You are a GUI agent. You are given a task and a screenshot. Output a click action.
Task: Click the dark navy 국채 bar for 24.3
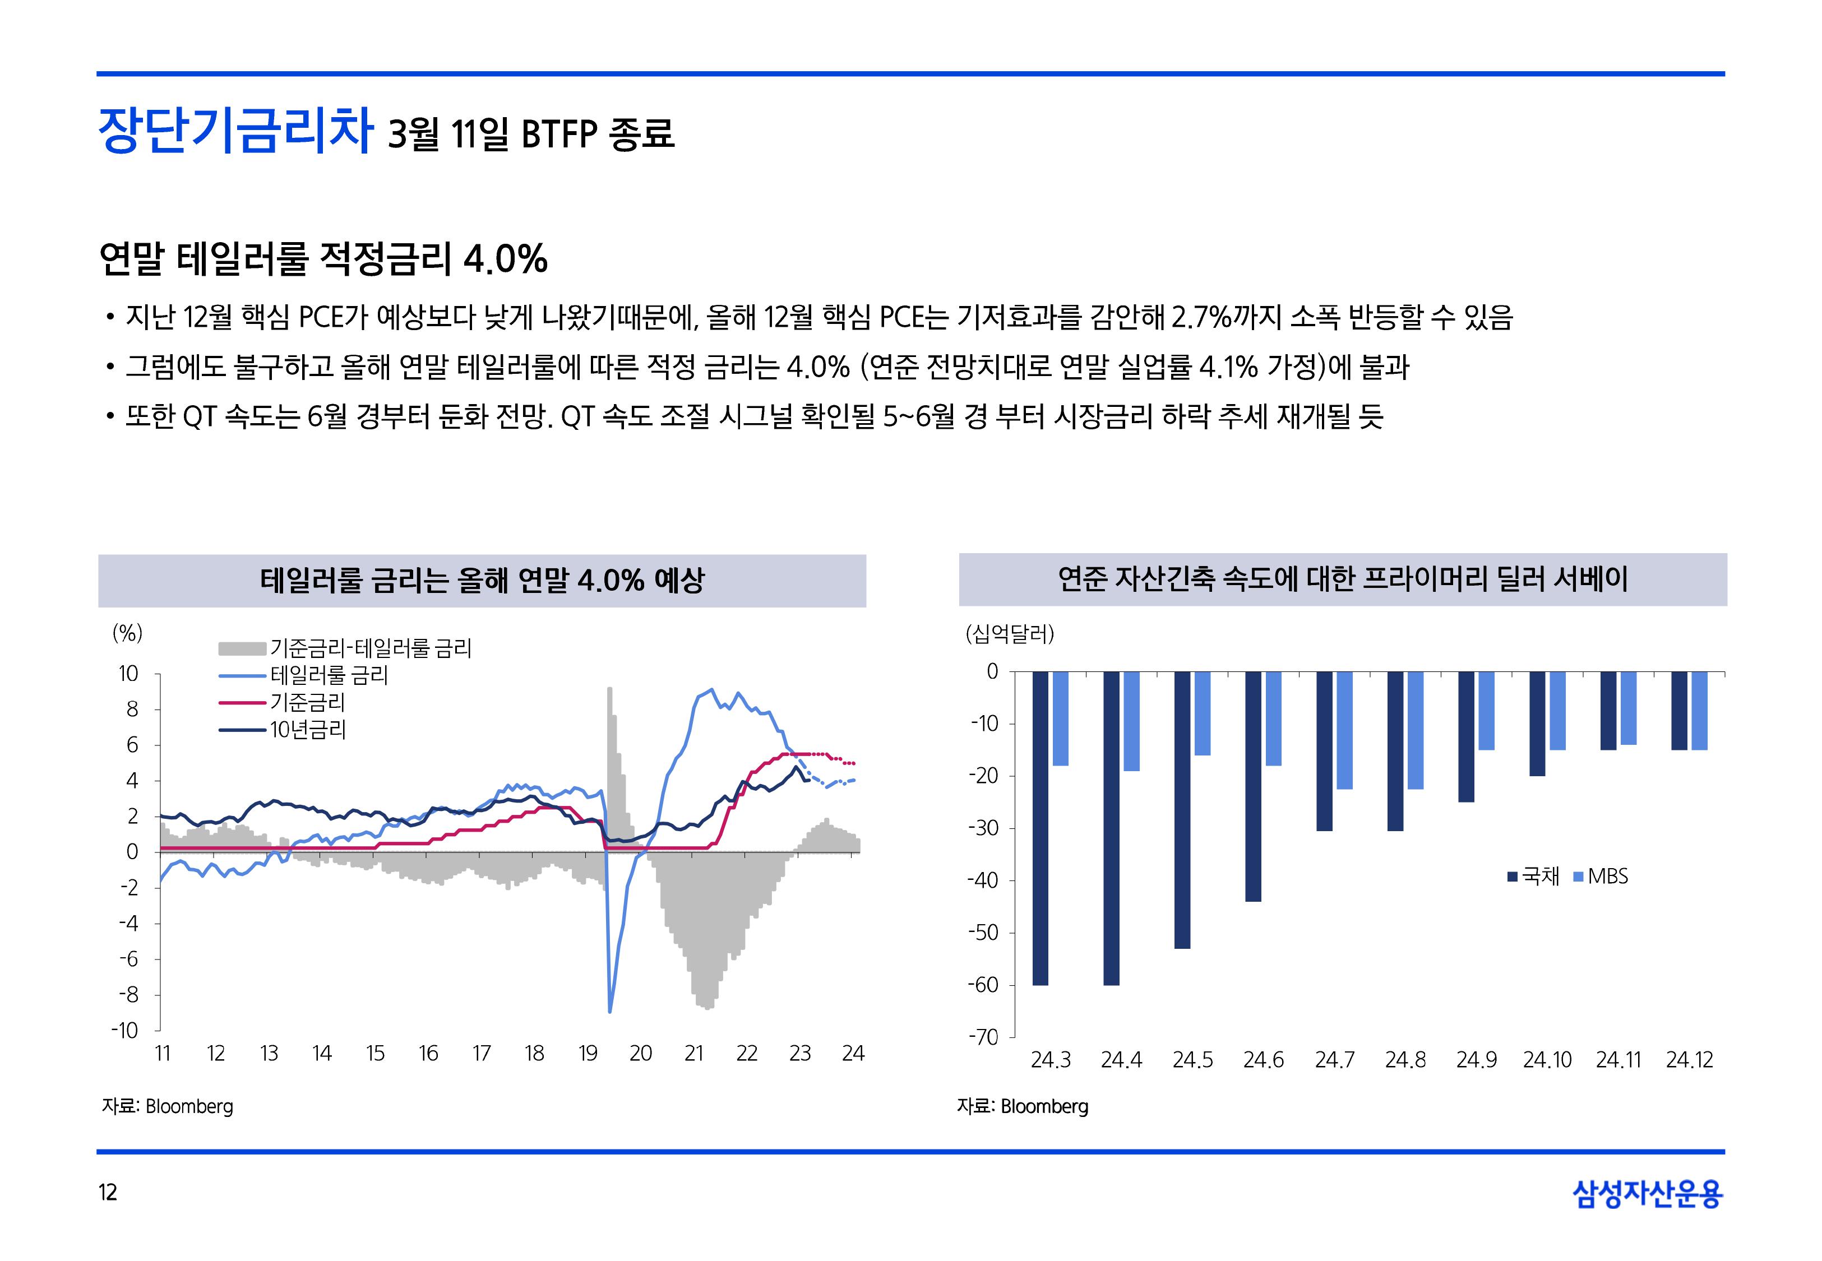point(1040,827)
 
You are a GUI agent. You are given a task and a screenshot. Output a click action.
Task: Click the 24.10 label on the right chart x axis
point(1547,1060)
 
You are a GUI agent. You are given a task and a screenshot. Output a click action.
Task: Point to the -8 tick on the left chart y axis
point(129,995)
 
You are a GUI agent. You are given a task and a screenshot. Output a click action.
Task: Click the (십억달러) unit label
point(1009,634)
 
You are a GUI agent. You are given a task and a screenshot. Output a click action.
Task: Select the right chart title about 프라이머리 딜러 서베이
point(1343,579)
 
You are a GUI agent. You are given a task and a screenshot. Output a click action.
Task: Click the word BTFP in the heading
point(558,135)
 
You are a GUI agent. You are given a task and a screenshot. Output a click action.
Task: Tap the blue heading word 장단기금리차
point(235,131)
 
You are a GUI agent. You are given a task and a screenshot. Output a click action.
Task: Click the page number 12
point(108,1192)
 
